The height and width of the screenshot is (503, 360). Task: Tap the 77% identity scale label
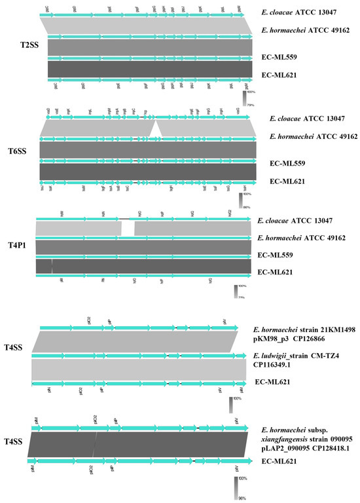[241, 297]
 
